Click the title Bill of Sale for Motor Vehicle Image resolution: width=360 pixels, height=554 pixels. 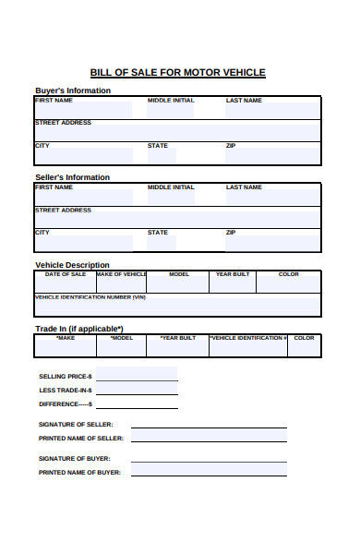(177, 72)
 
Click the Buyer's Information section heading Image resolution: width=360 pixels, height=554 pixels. (73, 90)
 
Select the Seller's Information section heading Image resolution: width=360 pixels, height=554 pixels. (72, 177)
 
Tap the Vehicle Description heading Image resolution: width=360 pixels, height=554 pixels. (72, 265)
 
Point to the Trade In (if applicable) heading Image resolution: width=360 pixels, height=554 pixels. (79, 329)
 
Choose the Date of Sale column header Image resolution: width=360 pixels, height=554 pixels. (66, 274)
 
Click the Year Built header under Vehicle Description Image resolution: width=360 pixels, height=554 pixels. (233, 274)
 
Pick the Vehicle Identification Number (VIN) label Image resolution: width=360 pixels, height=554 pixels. (90, 297)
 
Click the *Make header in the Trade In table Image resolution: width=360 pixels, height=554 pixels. (66, 338)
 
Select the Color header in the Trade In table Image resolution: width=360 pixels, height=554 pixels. (305, 338)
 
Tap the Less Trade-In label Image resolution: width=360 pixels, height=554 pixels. (66, 391)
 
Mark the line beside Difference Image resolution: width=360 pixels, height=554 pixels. (137, 404)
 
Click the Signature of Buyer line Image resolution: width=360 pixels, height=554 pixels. (209, 459)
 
